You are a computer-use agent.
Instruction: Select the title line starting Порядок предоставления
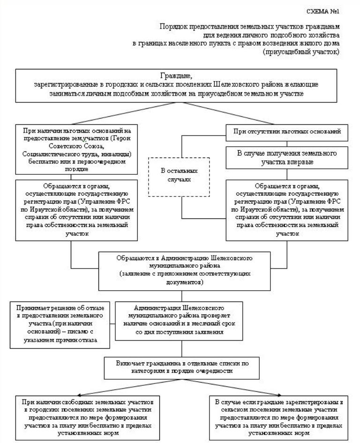249,27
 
